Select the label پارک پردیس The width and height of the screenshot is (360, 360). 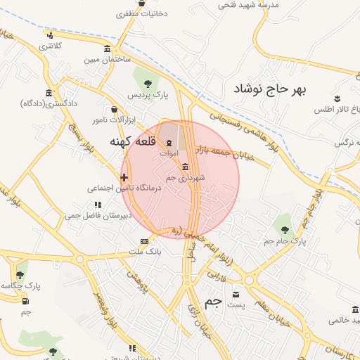[143, 94]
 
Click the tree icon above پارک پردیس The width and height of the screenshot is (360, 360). [148, 83]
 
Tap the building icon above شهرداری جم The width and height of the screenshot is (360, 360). [184, 167]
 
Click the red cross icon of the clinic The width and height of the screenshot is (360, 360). [124, 177]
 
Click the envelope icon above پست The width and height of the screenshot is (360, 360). [236, 294]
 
